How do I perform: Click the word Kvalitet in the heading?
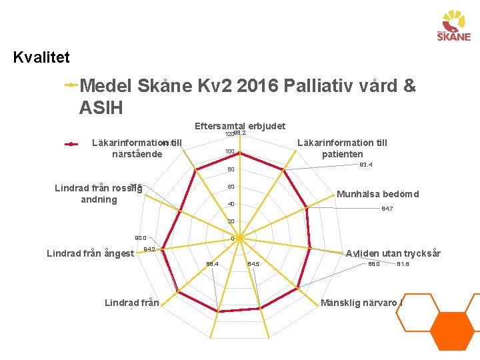tap(41, 57)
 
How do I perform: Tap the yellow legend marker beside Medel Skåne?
tap(70, 85)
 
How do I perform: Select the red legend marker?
tap(70, 143)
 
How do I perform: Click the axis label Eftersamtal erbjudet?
tap(239, 126)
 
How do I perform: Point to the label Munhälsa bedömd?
tap(378, 195)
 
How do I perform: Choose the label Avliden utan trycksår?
tap(393, 253)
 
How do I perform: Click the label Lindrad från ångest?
tap(90, 253)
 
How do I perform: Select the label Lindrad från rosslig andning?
tap(98, 193)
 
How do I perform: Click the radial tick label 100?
tap(229, 152)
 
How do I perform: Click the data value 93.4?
tap(365, 165)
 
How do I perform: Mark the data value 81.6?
tap(403, 265)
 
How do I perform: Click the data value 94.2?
tap(149, 249)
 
